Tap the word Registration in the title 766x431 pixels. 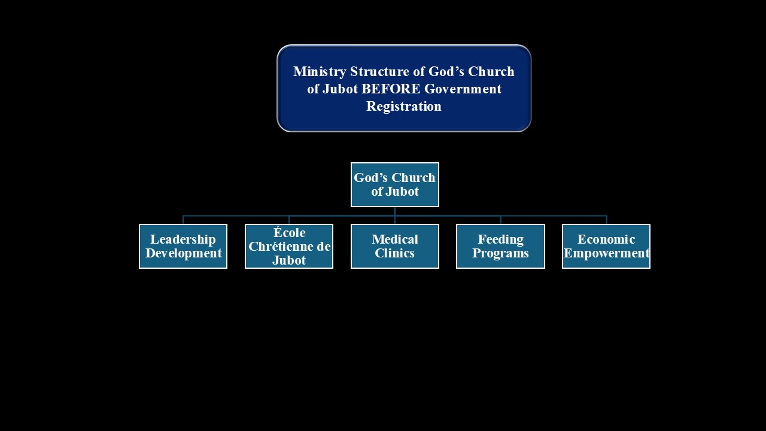click(x=404, y=107)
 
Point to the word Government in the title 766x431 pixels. click(x=463, y=89)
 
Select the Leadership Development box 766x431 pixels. click(x=183, y=246)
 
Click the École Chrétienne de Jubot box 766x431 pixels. click(x=289, y=246)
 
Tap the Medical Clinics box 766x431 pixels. click(x=395, y=246)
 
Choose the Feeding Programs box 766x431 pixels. click(x=501, y=246)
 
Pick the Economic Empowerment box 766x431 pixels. click(x=606, y=246)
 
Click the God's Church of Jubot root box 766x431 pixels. click(x=395, y=185)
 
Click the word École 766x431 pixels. click(x=289, y=232)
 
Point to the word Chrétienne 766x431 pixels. click(x=282, y=246)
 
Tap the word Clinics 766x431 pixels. click(x=394, y=253)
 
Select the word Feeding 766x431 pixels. click(x=501, y=240)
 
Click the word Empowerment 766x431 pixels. click(x=607, y=254)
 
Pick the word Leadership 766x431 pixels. click(x=183, y=240)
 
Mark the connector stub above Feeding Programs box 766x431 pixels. click(x=501, y=220)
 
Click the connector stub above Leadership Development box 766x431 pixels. click(x=183, y=220)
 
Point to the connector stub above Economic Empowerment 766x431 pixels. click(x=606, y=220)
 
